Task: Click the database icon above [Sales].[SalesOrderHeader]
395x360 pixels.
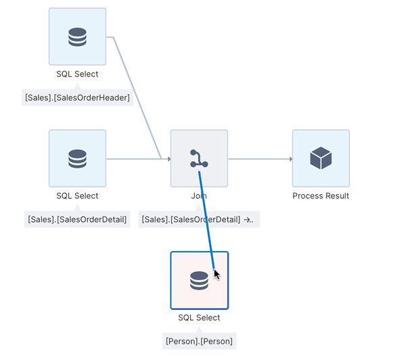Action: (77, 37)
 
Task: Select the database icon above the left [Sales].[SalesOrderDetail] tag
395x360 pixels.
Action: (77, 158)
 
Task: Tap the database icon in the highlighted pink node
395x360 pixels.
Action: (199, 280)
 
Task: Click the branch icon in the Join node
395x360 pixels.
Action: (199, 158)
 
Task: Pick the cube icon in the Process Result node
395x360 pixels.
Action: (321, 158)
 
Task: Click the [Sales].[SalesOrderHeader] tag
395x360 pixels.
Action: (77, 97)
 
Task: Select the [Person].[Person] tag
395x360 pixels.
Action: (199, 341)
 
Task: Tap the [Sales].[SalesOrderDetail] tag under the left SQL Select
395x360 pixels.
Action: (77, 219)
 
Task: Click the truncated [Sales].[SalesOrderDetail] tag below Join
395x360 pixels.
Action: (199, 219)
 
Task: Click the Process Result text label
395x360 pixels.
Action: (321, 196)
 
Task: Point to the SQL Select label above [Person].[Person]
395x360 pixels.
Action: (199, 317)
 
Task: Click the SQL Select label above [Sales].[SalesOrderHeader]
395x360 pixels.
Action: (77, 74)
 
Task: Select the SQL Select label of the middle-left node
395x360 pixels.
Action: (77, 196)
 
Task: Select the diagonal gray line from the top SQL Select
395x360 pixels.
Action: (135, 95)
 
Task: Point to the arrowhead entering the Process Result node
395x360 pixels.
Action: (290, 159)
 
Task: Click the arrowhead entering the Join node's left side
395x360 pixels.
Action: (168, 159)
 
